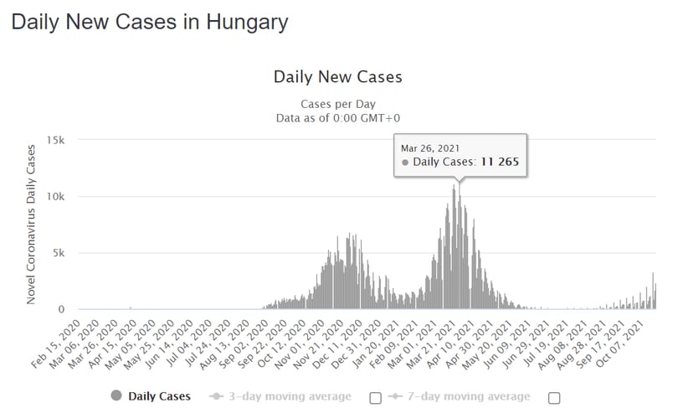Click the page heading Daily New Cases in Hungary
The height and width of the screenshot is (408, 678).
pyautogui.click(x=150, y=23)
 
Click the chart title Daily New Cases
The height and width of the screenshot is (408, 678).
pyautogui.click(x=337, y=77)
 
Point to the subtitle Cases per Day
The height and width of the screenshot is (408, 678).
pyautogui.click(x=337, y=104)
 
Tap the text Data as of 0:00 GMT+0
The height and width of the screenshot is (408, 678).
pyautogui.click(x=337, y=118)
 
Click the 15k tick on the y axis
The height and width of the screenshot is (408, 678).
pyautogui.click(x=56, y=140)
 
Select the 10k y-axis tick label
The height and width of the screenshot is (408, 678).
pyautogui.click(x=56, y=196)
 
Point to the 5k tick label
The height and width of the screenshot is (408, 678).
pyautogui.click(x=59, y=253)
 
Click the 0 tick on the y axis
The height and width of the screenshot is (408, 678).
pyautogui.click(x=61, y=309)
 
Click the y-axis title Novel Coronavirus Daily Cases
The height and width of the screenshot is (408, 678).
pyautogui.click(x=30, y=225)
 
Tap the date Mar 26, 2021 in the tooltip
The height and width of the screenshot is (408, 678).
pyautogui.click(x=429, y=148)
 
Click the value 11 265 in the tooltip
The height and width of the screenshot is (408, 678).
pyautogui.click(x=500, y=162)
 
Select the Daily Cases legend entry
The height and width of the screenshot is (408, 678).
pyautogui.click(x=151, y=396)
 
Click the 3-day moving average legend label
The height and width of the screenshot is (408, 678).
pyautogui.click(x=290, y=396)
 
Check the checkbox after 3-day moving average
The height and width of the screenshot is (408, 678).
pyautogui.click(x=375, y=398)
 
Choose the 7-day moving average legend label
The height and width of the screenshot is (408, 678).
pyautogui.click(x=469, y=396)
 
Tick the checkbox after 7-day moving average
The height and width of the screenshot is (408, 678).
pyautogui.click(x=554, y=398)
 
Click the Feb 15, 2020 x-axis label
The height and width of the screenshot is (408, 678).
pyautogui.click(x=56, y=343)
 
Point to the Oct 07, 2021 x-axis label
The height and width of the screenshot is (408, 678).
pyautogui.click(x=621, y=343)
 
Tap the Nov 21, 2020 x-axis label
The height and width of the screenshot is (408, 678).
pyautogui.click(x=319, y=343)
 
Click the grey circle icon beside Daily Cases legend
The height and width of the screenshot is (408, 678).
pyautogui.click(x=116, y=395)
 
